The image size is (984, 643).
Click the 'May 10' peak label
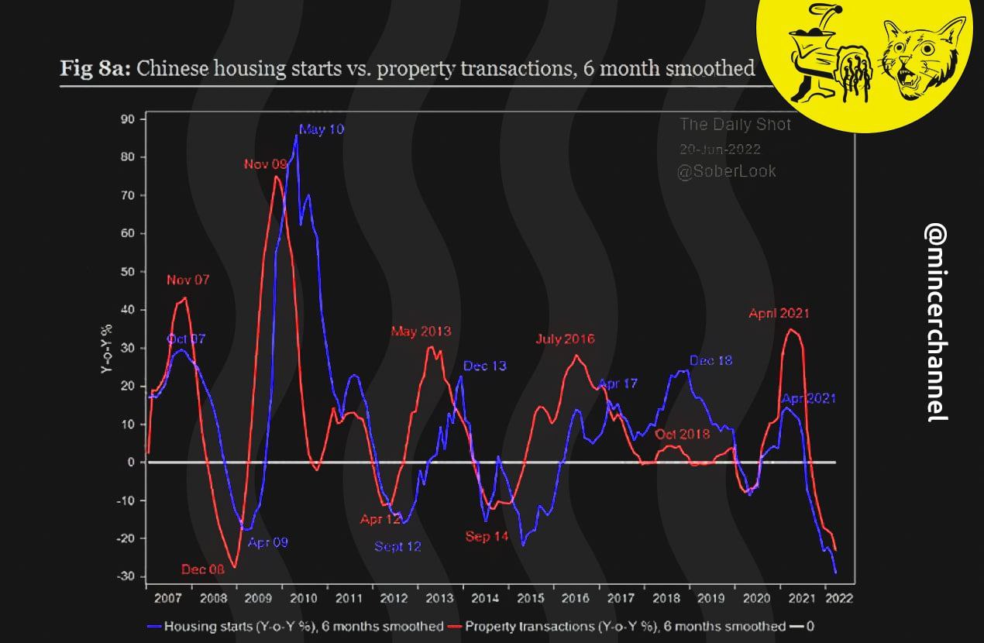tap(321, 129)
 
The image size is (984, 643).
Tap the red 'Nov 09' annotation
tap(266, 164)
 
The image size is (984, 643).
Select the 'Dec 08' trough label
tap(203, 569)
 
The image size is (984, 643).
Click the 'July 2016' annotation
tap(565, 339)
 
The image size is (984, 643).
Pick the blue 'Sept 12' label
tap(397, 546)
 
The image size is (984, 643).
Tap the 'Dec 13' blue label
tap(485, 366)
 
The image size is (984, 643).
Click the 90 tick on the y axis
tap(127, 119)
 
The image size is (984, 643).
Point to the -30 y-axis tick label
tap(125, 577)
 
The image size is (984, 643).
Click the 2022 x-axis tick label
tap(838, 599)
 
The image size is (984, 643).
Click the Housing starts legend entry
tap(295, 626)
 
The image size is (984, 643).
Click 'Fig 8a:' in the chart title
tap(96, 68)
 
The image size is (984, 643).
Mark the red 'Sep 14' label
tap(487, 536)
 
